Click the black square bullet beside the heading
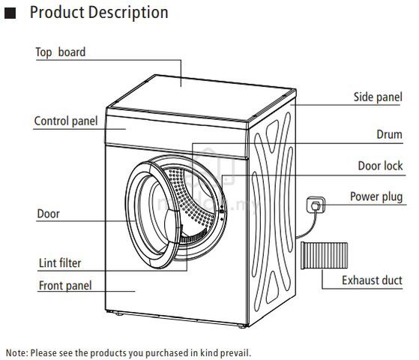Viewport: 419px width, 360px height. (x=10, y=13)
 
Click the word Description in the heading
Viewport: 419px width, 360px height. (x=128, y=13)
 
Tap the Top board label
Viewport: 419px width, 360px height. (x=61, y=52)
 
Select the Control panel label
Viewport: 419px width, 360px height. (x=66, y=121)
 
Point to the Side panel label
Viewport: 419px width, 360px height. (x=378, y=97)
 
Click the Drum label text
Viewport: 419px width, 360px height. (x=389, y=134)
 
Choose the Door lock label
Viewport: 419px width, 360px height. (x=380, y=166)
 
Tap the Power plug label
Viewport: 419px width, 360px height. (x=376, y=196)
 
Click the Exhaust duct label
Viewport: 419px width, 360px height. (x=372, y=280)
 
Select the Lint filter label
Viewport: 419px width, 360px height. (x=60, y=263)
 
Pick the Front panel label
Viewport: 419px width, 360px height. (x=65, y=286)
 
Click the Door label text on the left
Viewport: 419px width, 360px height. (x=49, y=214)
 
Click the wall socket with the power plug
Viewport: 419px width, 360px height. (x=316, y=205)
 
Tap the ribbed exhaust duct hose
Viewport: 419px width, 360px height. (x=324, y=256)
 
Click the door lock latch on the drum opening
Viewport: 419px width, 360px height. (x=222, y=211)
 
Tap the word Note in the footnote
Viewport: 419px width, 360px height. (x=16, y=352)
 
